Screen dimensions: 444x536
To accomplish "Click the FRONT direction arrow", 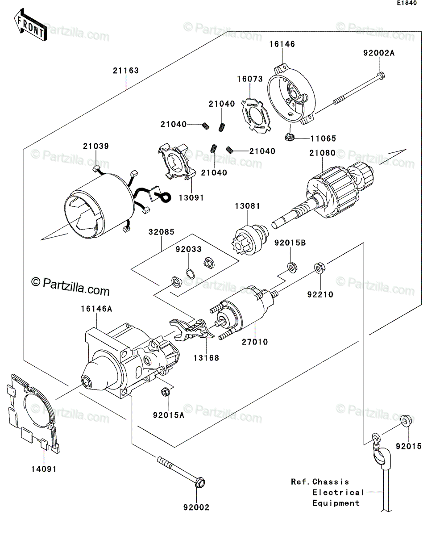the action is [x=30, y=25].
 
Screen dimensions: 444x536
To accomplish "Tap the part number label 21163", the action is [x=126, y=71].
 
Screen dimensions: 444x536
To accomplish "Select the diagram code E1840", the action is [x=407, y=3].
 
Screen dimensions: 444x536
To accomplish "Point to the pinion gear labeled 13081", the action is [x=248, y=239].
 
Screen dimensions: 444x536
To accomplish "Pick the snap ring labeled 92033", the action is [x=190, y=274].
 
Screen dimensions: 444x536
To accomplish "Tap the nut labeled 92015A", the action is [x=165, y=399].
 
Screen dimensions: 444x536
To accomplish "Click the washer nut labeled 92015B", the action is [x=292, y=267].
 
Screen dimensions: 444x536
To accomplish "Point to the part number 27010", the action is [x=255, y=342].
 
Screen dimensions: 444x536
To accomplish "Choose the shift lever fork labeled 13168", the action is [x=191, y=330].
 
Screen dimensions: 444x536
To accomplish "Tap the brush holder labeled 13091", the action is [x=177, y=162].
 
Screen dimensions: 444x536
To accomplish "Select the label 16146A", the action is [x=96, y=309].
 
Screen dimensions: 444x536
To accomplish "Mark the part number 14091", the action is [x=44, y=469].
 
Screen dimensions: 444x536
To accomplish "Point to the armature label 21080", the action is [x=323, y=153].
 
